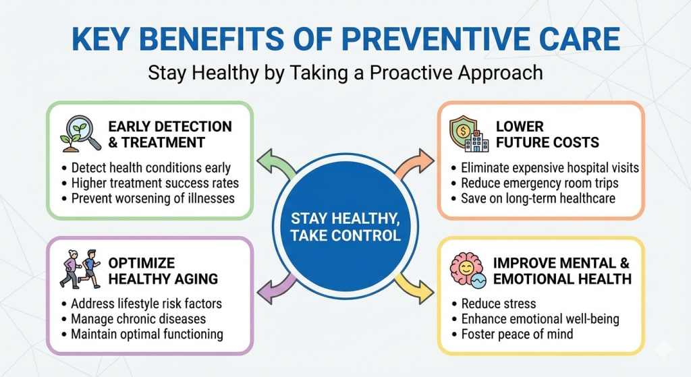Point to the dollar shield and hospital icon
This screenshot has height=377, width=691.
469,134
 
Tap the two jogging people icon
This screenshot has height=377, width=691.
80,269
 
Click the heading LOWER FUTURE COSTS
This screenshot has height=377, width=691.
547,134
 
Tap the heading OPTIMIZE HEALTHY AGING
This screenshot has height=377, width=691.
163,271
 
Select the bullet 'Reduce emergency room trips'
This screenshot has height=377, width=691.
535,183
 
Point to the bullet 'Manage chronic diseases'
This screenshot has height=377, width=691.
134,319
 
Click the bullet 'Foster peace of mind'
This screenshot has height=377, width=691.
513,335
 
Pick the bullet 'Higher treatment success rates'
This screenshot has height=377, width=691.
150,183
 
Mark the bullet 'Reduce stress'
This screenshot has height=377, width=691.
493,304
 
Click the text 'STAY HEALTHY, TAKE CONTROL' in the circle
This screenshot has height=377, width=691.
345,227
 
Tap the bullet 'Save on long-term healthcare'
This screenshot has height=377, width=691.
533,199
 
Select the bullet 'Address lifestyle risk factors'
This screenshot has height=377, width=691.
142,304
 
